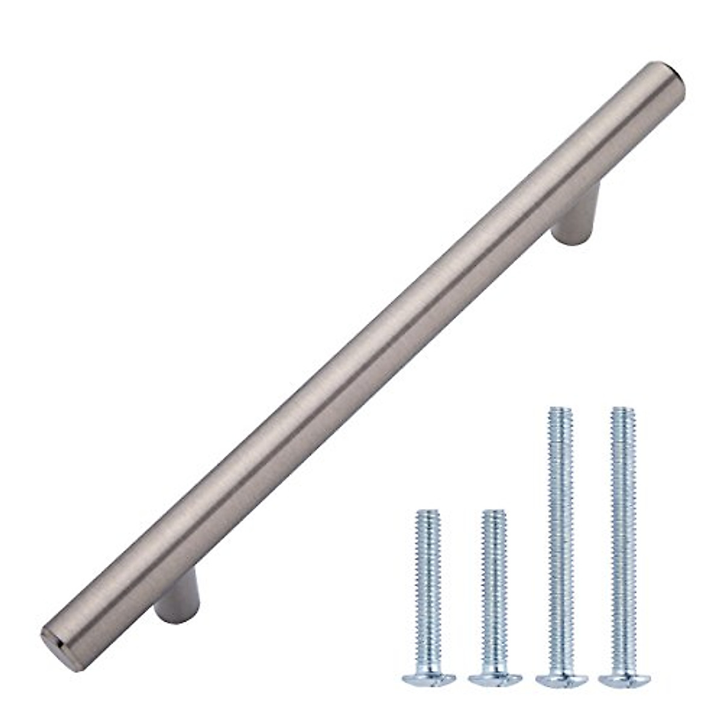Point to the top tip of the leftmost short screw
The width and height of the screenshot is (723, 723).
point(428,513)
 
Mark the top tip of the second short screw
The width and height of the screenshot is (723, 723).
point(494,513)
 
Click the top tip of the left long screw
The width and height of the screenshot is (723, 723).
point(559,410)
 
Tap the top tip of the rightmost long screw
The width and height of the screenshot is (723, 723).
point(623,410)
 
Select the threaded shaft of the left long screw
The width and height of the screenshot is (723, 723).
point(560,530)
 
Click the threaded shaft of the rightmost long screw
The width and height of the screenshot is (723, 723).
point(623,530)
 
